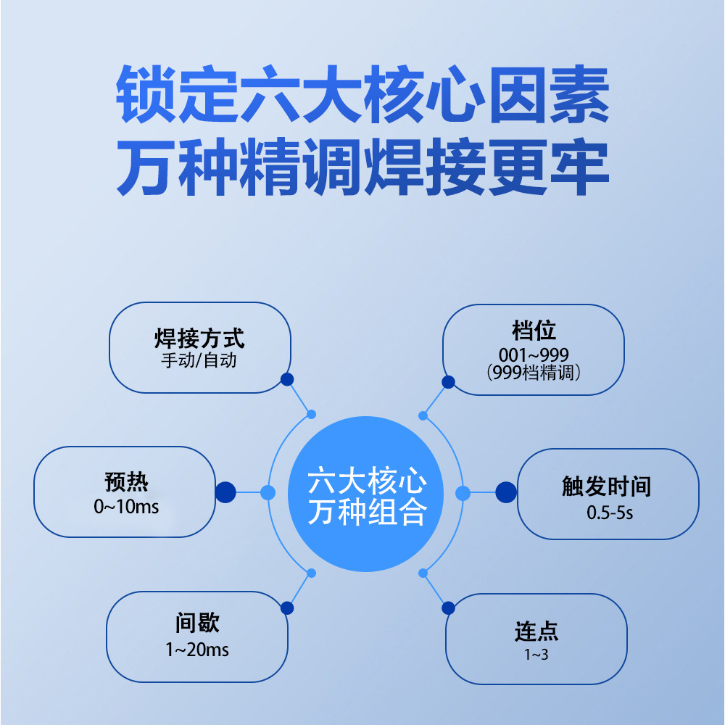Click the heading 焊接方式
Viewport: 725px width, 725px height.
pos(199,339)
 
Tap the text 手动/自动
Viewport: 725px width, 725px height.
pos(199,360)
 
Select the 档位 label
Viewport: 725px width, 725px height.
pos(534,331)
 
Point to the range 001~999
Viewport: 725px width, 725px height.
pos(534,355)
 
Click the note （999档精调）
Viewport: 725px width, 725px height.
pos(534,373)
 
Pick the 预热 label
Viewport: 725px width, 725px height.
pos(126,483)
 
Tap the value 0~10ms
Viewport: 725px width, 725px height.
pos(126,507)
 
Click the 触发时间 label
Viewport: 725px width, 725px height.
pos(607,486)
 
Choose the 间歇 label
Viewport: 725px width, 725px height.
pos(197,623)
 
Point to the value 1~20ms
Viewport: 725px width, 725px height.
pos(197,650)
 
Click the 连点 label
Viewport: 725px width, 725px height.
pos(536,631)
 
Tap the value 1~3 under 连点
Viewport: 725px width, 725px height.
pos(536,655)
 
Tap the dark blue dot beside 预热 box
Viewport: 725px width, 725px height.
pos(225,492)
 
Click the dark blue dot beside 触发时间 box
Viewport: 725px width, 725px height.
pos(506,492)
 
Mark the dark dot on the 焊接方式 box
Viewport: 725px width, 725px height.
pos(287,379)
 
